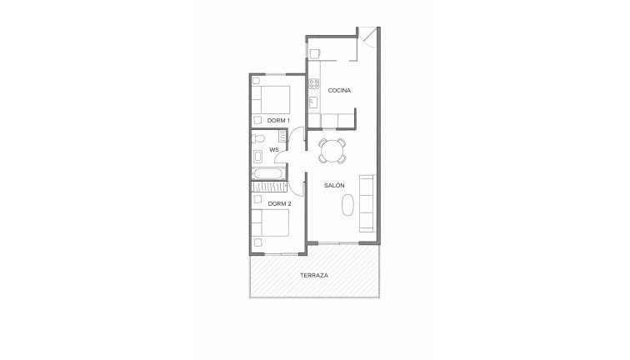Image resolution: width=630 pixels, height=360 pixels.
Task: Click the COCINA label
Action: coord(339,90)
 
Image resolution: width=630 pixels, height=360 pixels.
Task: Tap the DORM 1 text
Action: coord(278,121)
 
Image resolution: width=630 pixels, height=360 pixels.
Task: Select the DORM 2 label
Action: coord(279,203)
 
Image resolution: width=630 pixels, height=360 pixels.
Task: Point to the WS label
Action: coord(274,150)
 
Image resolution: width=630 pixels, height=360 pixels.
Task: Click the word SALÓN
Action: coord(334,185)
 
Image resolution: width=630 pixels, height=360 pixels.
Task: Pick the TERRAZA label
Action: coord(314,275)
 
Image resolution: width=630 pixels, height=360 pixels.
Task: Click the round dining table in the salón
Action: coord(332,151)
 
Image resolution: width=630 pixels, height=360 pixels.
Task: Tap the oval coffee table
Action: coord(348,205)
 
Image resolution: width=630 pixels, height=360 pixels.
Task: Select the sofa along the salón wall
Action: coord(367,202)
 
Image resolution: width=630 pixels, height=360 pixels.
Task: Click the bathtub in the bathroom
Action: coord(269,174)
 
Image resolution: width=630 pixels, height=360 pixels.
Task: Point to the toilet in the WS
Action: coord(257,139)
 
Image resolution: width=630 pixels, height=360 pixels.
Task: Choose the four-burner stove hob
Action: coord(314,83)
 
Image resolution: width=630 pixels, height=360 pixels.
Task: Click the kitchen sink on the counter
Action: coord(313,102)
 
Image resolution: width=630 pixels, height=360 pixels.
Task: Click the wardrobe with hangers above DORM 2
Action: coord(269,187)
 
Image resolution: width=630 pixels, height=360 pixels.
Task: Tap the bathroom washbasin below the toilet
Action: coord(257,157)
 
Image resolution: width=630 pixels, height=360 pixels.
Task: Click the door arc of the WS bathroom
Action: coord(281,155)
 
